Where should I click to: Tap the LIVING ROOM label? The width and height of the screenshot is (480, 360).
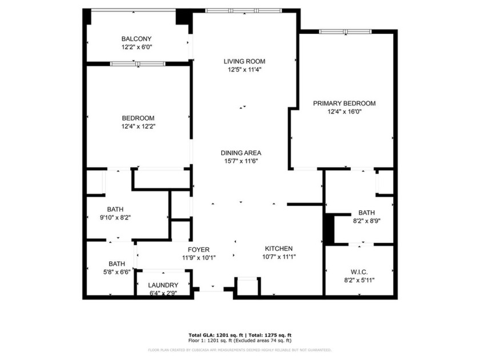[x=244, y=61]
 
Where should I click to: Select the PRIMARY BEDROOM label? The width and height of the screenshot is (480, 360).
[x=344, y=103]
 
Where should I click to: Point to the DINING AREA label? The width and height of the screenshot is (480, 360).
[x=241, y=153]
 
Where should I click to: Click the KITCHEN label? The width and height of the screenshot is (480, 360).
[x=278, y=249]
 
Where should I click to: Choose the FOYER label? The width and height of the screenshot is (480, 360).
[x=199, y=250]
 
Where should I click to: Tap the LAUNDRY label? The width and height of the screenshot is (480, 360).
[x=163, y=285]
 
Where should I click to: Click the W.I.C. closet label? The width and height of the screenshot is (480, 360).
[x=359, y=271]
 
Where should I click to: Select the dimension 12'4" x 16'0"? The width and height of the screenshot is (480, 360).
[x=344, y=112]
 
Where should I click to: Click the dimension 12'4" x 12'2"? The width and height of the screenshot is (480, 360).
[x=138, y=126]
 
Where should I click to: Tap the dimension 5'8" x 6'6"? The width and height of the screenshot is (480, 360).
[x=117, y=272]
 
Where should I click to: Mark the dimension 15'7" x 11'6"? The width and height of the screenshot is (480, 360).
[x=241, y=161]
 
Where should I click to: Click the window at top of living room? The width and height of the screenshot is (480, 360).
[x=243, y=10]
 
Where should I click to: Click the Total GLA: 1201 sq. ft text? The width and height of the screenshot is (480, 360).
[x=213, y=335]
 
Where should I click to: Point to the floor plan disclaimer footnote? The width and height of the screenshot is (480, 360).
[x=239, y=349]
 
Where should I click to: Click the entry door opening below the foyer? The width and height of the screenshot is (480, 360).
[x=212, y=290]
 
